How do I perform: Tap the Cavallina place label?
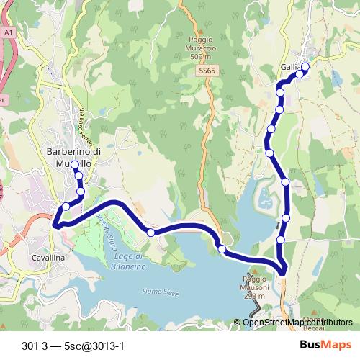pos(48,257)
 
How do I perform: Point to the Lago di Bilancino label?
pos(130,261)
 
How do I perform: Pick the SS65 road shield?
pos(207,71)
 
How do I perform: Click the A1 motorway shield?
pos(8,32)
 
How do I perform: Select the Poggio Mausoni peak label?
pos(254,287)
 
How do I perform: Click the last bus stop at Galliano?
pos(305,67)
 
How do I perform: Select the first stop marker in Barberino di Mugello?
pos(75,165)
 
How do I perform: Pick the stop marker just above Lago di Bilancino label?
pos(150,232)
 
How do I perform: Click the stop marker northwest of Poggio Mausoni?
pos(222,249)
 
